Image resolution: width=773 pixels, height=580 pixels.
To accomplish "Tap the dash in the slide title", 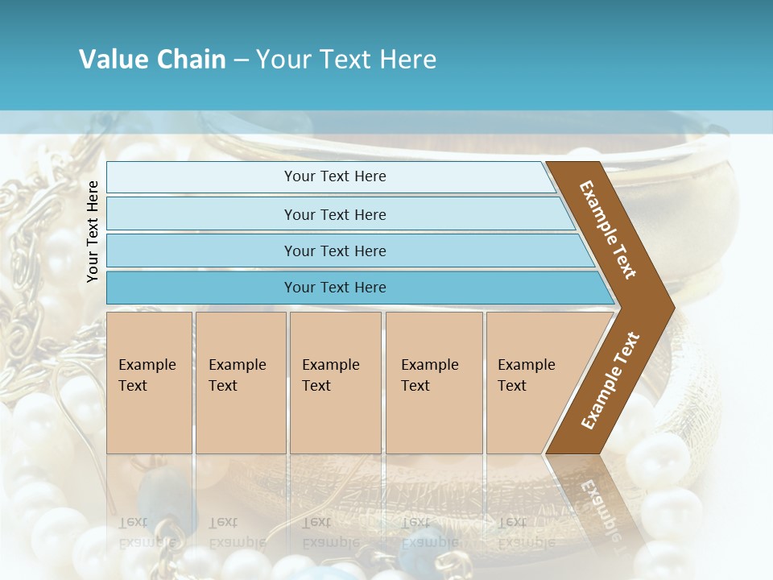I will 241,60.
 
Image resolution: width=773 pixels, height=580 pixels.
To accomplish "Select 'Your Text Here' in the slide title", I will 346,60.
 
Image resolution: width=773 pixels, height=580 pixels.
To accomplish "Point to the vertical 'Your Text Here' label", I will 93,231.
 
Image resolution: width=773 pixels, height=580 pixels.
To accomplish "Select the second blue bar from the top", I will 334,214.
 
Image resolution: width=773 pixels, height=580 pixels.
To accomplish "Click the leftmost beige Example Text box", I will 149,382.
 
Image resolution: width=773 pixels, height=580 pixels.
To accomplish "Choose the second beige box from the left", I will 241,382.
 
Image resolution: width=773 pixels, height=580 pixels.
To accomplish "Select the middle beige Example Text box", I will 335,382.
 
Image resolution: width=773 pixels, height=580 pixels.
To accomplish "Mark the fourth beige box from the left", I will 434,382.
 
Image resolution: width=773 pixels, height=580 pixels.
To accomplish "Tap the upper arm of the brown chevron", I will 609,230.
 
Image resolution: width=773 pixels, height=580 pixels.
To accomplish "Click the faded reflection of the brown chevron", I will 596,499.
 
